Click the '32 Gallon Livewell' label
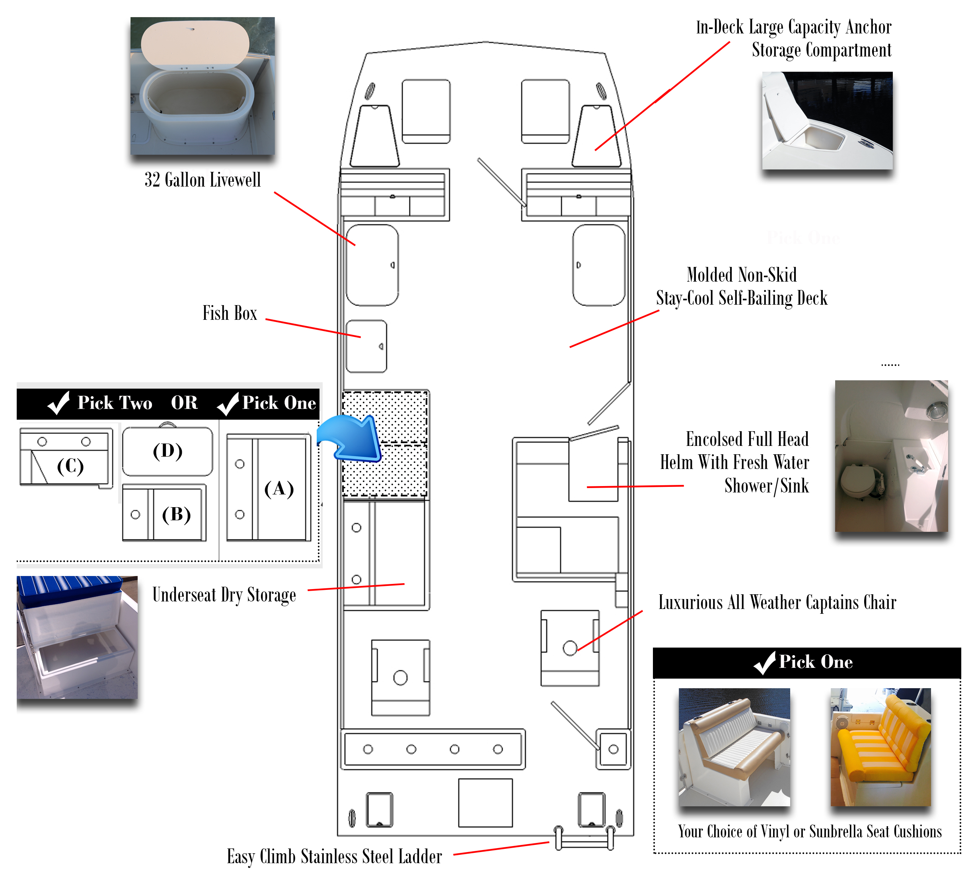point(203,180)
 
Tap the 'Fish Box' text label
point(230,313)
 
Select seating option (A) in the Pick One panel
point(269,488)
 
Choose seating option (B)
point(164,514)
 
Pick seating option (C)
point(66,458)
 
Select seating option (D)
point(168,451)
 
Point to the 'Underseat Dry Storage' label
point(224,595)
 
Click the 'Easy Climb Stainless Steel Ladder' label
point(334,857)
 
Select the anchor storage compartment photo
point(827,121)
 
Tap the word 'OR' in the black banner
point(184,403)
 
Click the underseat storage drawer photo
point(77,637)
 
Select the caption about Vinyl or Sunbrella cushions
point(809,832)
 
